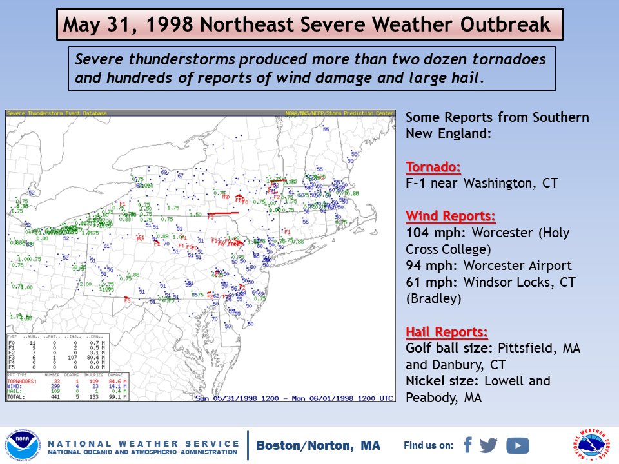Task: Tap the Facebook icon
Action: tap(468, 445)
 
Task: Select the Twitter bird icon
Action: tap(489, 445)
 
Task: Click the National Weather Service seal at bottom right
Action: tap(591, 445)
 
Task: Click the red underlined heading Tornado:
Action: tap(433, 167)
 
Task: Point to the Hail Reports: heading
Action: tap(446, 332)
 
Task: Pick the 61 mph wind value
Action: tap(427, 282)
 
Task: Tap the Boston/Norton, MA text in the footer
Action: tap(318, 445)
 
